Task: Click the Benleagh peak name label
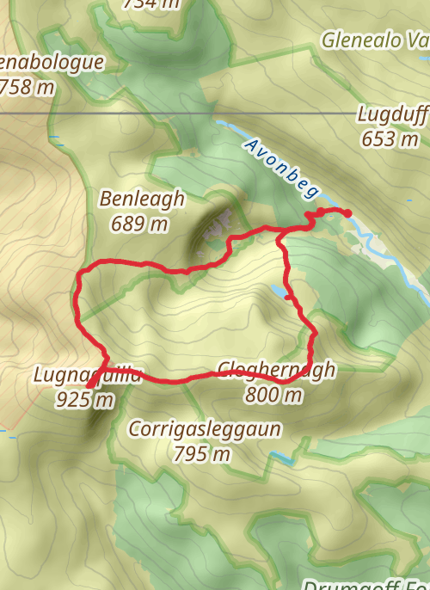tap(142, 200)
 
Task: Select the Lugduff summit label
tap(389, 114)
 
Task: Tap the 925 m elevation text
tap(84, 399)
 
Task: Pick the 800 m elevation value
tap(274, 396)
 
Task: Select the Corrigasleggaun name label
tap(205, 428)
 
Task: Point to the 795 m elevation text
tap(202, 453)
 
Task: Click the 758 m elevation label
tap(28, 87)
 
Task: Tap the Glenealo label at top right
tap(374, 40)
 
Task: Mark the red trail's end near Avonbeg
tap(348, 212)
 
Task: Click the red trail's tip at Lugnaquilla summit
tap(89, 384)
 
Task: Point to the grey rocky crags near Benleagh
tap(217, 226)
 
